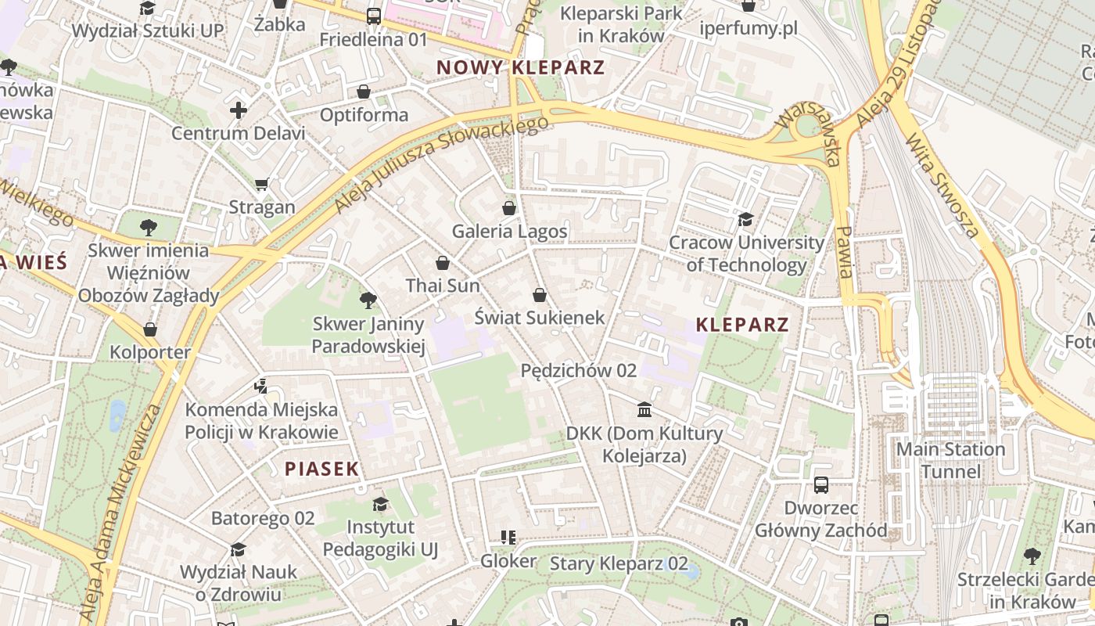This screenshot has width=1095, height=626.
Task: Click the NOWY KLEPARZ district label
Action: (x=520, y=67)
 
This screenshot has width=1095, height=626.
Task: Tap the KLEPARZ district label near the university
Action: (x=742, y=325)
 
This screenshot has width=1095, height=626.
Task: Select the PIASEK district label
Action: (x=321, y=469)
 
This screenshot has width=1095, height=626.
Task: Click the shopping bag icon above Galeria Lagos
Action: (x=509, y=208)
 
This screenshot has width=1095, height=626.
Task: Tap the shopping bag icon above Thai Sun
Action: (x=443, y=263)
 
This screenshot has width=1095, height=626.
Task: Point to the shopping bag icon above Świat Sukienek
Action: (x=539, y=294)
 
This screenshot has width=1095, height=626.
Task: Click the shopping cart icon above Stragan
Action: (x=261, y=185)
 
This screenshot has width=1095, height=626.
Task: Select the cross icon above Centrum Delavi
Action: (x=239, y=110)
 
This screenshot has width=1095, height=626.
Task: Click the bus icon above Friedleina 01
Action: (x=374, y=16)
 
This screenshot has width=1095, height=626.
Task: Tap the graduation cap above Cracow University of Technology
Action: (x=745, y=219)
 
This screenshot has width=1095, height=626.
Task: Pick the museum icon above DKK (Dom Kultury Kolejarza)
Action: (x=644, y=409)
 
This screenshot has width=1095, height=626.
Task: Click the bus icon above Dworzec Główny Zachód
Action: (x=821, y=485)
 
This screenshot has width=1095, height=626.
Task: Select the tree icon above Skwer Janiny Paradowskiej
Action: (x=368, y=300)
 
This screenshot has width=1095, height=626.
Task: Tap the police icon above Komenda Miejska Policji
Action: (x=261, y=386)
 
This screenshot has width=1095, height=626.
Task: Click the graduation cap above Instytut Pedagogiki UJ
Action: (x=380, y=503)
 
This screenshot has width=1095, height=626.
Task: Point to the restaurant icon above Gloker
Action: (x=508, y=538)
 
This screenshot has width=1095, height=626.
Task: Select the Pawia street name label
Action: (x=845, y=252)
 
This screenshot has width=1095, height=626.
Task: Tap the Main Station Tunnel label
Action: (x=950, y=460)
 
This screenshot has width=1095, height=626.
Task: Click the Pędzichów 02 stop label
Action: (x=578, y=370)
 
